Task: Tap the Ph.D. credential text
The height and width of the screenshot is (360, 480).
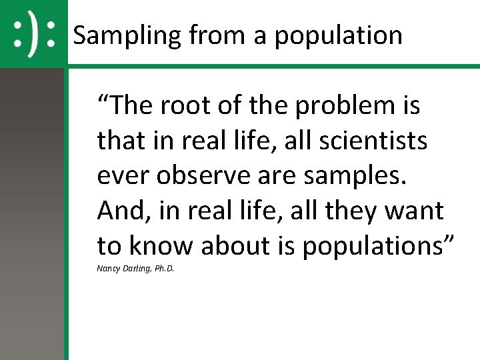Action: click(164, 270)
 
